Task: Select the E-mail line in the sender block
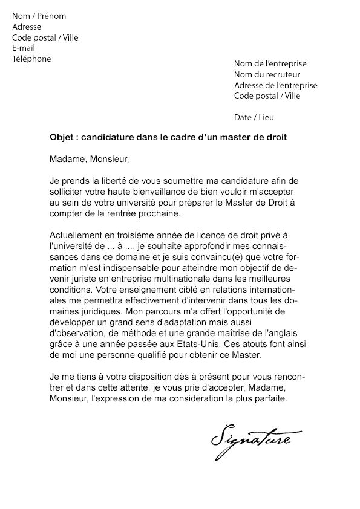(x=24, y=48)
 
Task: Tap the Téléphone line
(x=31, y=59)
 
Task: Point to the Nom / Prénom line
(x=39, y=16)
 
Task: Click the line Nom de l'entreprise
(x=270, y=63)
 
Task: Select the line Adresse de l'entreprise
(x=275, y=85)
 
